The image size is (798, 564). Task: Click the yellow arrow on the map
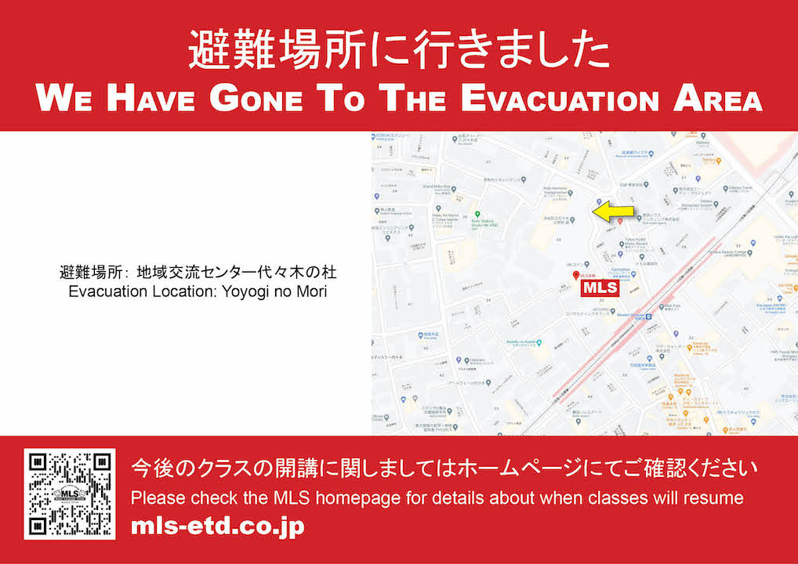coord(613,211)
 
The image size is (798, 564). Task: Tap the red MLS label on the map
coord(600,288)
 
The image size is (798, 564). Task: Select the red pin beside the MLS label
coord(576,277)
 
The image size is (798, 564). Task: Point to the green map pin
coord(477,215)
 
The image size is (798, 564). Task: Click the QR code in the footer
coord(70,493)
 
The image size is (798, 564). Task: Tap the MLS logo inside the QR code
coord(70,494)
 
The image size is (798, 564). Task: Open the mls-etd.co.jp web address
coord(217,526)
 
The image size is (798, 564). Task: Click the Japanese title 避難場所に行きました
coord(398,52)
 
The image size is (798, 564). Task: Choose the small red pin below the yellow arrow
coord(620,222)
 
